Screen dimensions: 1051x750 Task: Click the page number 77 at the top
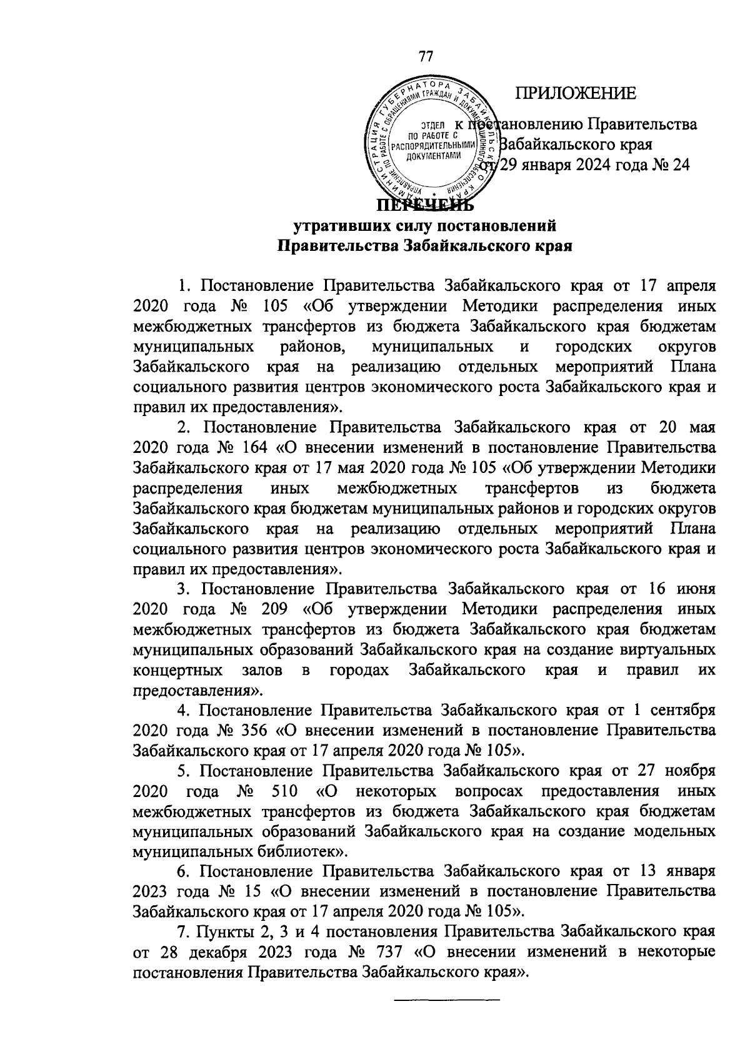(x=425, y=56)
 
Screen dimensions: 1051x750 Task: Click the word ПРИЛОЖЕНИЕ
(x=576, y=94)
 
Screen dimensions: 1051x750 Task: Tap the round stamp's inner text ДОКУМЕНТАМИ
(x=429, y=156)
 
